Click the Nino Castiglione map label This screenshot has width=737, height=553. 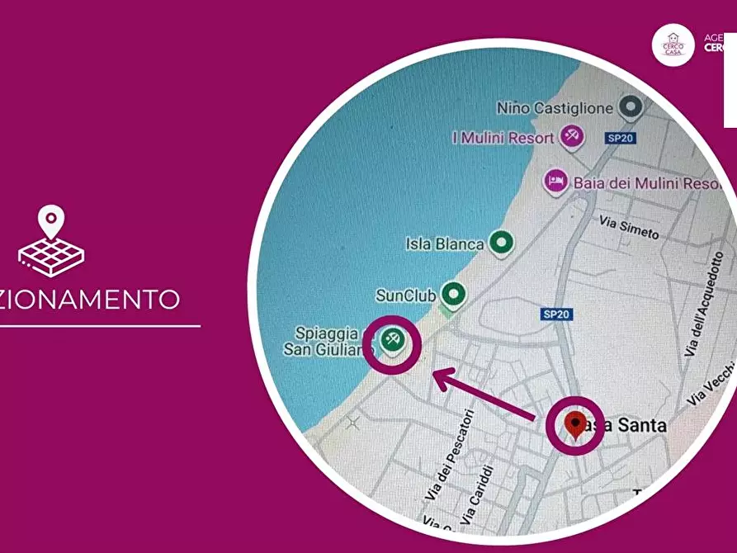[555, 107]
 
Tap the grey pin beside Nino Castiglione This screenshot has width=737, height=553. [631, 106]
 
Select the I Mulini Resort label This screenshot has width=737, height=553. [503, 138]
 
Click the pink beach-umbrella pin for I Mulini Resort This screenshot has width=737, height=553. [571, 135]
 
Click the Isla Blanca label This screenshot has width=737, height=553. [444, 243]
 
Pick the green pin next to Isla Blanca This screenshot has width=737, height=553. [501, 243]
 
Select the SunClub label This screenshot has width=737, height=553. [405, 295]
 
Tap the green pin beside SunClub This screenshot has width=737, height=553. [451, 293]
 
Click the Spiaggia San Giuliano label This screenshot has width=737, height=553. [329, 342]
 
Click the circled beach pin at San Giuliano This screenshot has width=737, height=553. [392, 338]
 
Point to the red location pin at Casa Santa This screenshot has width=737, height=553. [575, 424]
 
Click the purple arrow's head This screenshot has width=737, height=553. [437, 378]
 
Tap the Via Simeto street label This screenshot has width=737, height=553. [630, 229]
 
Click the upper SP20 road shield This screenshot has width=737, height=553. [620, 138]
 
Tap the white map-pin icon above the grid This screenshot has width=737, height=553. [51, 220]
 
